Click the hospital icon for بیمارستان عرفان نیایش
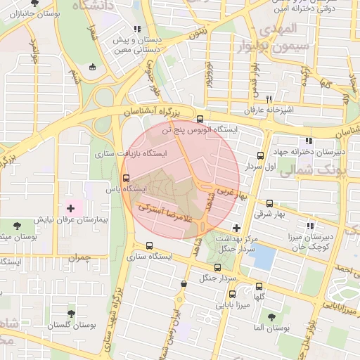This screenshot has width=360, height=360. tap(70, 208)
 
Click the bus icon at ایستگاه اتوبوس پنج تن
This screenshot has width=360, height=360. tap(201, 119)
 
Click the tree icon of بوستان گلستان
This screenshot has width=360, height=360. tap(71, 314)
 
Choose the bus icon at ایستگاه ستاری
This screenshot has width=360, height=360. tap(148, 245)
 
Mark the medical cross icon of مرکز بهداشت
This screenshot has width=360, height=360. tap(236, 228)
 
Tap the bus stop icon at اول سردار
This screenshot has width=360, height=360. tap(261, 156)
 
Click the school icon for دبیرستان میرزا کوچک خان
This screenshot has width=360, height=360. tap(310, 226)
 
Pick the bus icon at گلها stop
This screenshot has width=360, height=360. tap(259, 286)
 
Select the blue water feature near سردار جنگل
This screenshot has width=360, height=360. tap(262, 257)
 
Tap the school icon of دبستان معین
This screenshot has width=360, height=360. tap(137, 30)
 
